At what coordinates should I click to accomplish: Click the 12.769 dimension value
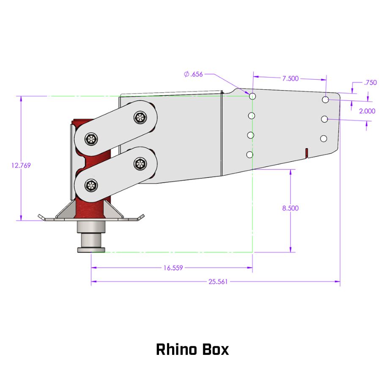21,165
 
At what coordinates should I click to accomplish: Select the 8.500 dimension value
290,208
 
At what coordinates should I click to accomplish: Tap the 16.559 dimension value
173,268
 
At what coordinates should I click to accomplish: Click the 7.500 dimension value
290,78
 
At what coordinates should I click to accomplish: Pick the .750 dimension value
370,83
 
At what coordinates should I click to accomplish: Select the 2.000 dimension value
367,111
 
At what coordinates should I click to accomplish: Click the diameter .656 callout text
194,74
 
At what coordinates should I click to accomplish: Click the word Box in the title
214,350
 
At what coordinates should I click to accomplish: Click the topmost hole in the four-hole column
253,96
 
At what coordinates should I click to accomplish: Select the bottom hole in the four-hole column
250,155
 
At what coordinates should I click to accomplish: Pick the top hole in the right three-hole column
325,100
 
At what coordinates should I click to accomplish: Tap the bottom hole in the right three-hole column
324,138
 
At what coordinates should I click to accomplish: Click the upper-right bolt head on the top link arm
140,117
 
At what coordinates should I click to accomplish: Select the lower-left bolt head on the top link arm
91,139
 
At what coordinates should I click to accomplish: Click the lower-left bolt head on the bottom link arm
91,185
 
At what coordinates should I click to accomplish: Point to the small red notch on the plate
306,152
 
